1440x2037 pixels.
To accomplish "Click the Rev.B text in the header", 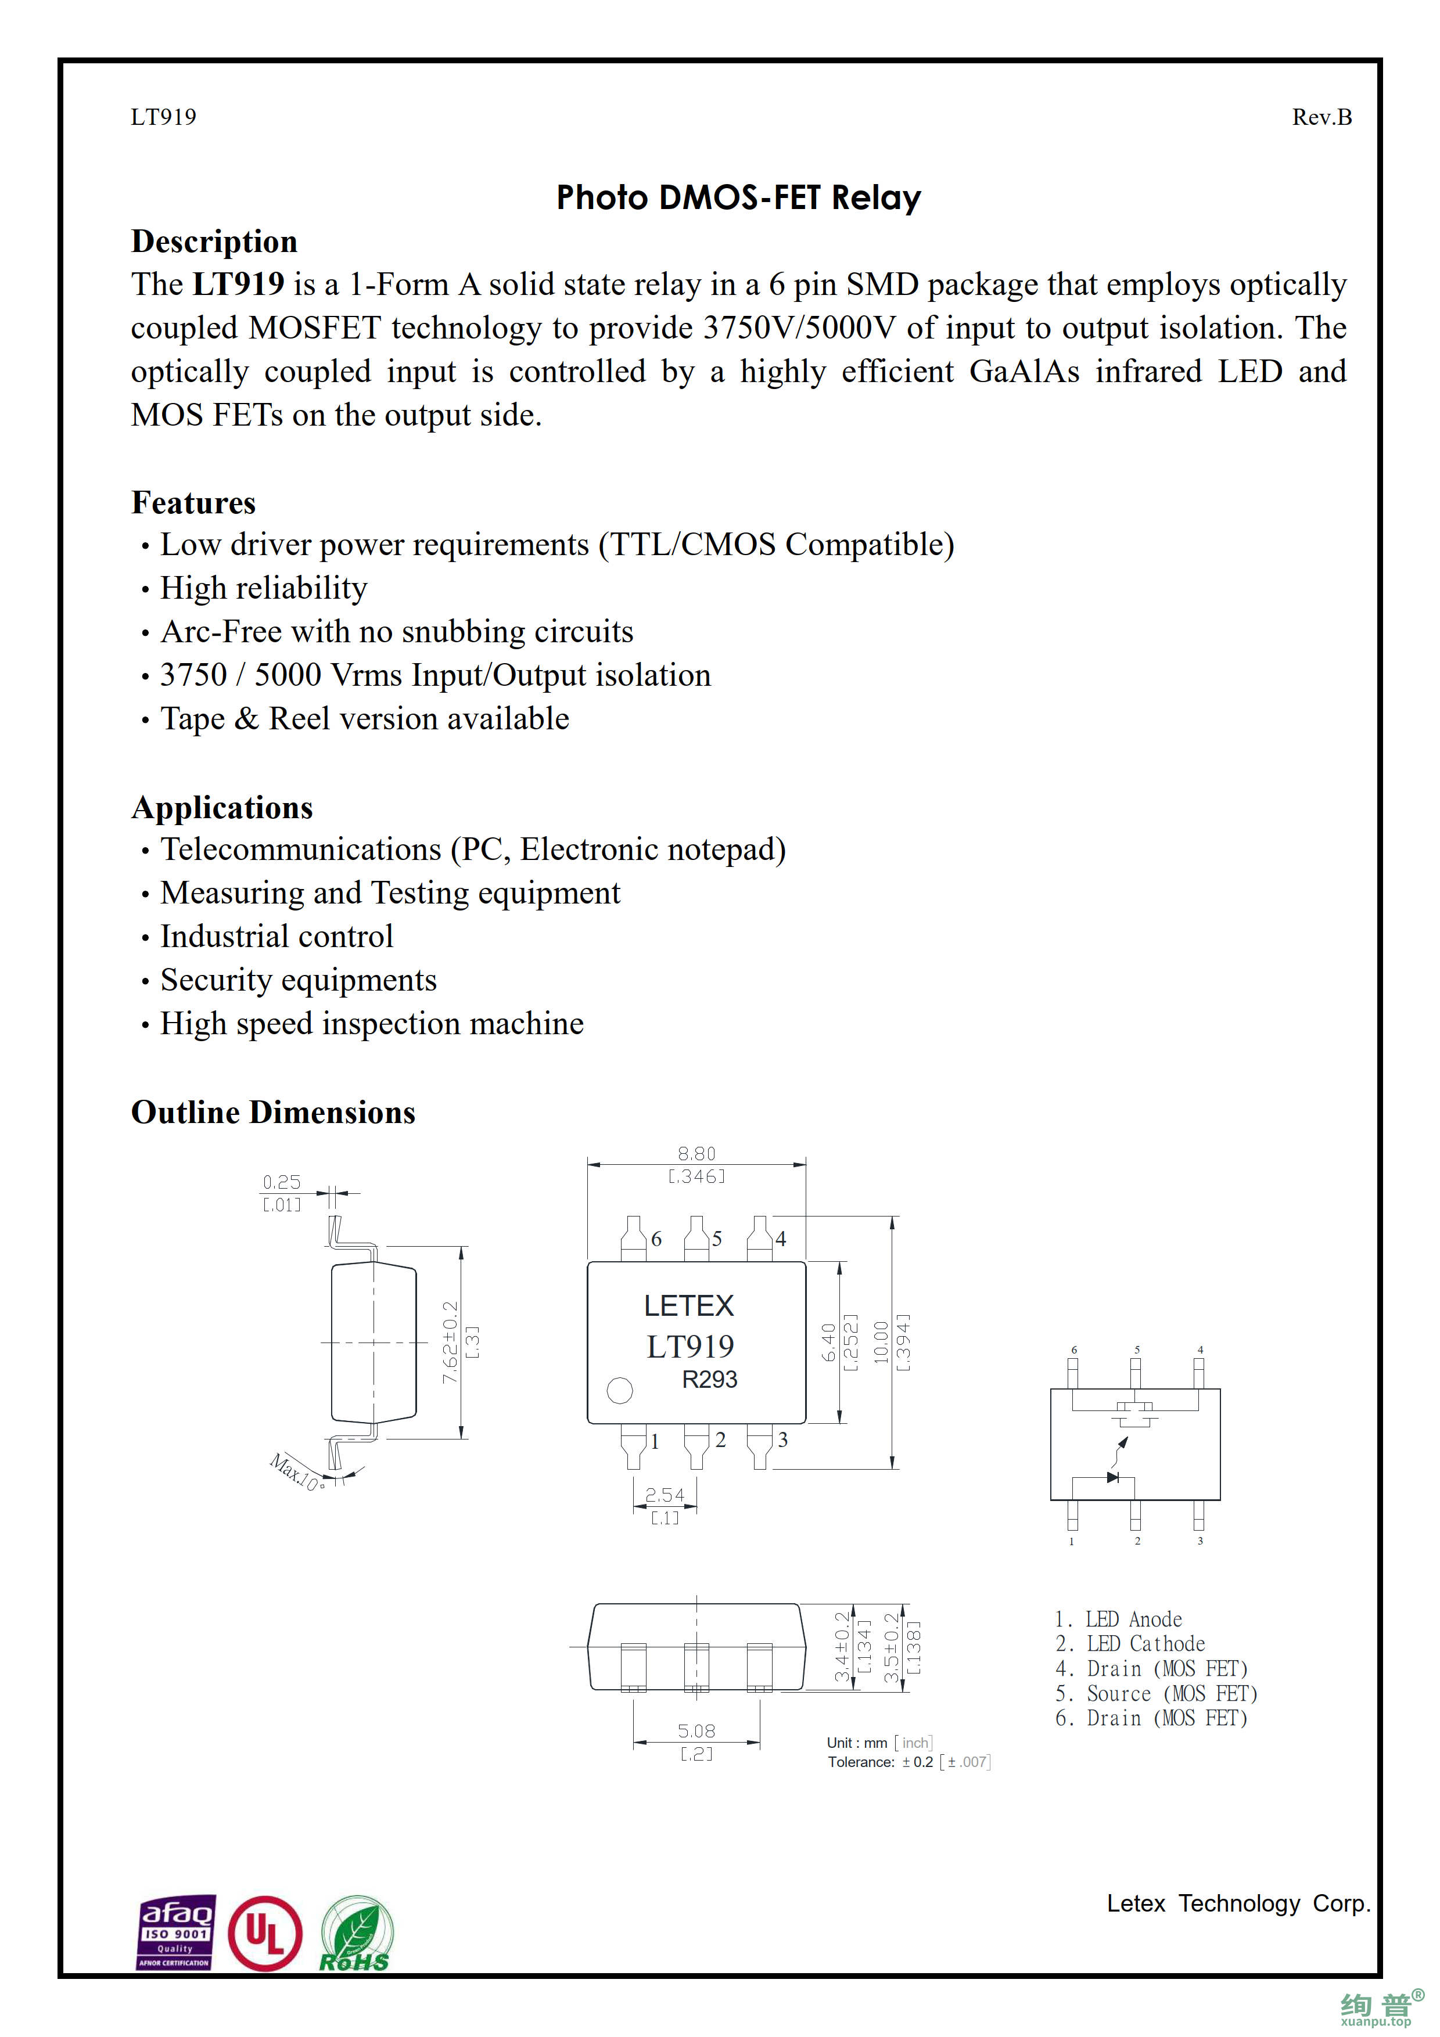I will pos(1320,117).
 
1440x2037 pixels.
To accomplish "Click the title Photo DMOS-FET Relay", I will pos(738,197).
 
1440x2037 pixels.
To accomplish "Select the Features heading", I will pos(193,502).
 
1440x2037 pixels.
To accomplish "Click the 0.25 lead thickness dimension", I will pos(281,1182).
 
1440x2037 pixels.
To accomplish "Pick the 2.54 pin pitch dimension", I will pos(665,1495).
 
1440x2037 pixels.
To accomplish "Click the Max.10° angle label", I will pos(296,1472).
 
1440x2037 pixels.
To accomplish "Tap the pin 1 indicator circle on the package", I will pos(619,1390).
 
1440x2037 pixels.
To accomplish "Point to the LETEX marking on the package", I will pos(688,1306).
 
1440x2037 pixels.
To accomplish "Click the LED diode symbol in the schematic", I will pos(1112,1477).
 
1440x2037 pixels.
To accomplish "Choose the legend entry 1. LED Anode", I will pos(1118,1619).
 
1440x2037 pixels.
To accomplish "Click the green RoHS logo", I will pos(355,1934).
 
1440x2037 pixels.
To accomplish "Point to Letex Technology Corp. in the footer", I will pos(1238,1903).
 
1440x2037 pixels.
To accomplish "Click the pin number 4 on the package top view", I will pos(781,1239).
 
